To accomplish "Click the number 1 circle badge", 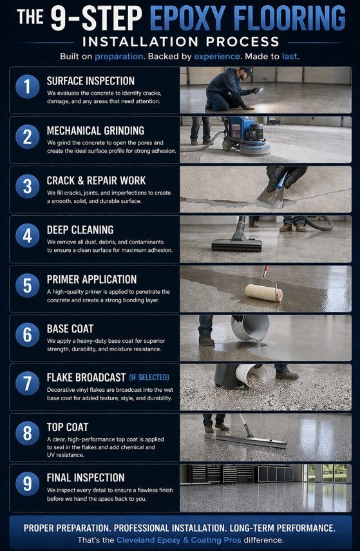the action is pos(28,86).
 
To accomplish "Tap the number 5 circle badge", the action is pos(28,285).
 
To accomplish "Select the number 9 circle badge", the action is pos(28,483).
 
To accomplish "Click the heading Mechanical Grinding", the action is pos(95,131).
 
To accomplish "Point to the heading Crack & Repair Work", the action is pos(96,180).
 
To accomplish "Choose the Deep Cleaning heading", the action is pos(80,230).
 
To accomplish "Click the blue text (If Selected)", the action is pos(149,378).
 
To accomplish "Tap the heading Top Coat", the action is pos(68,427).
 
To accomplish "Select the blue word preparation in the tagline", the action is pos(118,56).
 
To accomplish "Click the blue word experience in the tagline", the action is pos(217,56).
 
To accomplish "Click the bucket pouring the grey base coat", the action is pos(251,327).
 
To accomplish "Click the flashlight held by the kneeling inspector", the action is pos(260,90).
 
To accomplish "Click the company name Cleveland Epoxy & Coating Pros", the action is pos(179,540).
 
